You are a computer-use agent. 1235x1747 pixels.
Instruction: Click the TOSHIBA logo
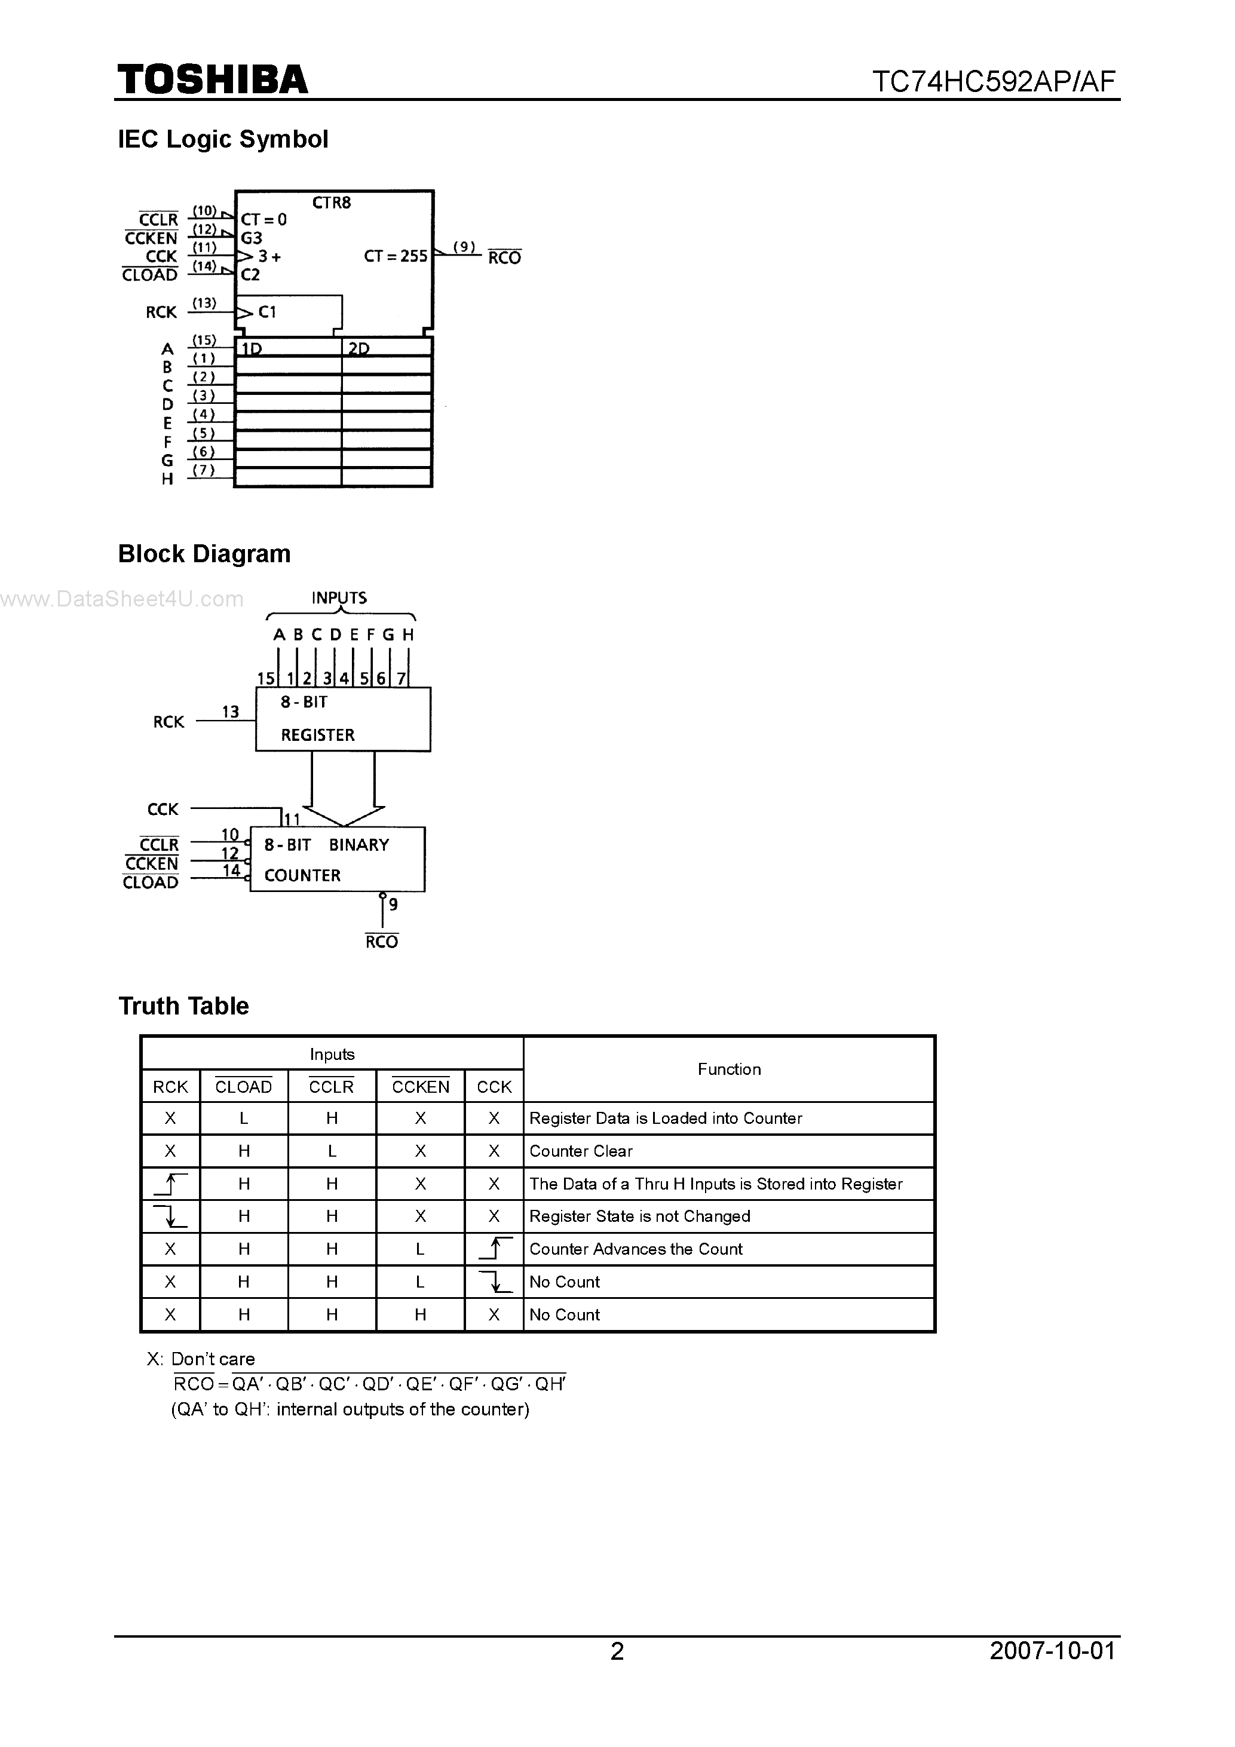[212, 80]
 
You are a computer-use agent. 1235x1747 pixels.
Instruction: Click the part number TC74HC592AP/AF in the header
[993, 81]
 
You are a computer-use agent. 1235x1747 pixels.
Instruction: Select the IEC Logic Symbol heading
[223, 139]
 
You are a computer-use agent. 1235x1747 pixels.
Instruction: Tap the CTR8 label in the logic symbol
[332, 203]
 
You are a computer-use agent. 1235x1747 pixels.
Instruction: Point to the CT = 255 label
[396, 256]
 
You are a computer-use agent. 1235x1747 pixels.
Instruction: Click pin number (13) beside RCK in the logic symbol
[204, 304]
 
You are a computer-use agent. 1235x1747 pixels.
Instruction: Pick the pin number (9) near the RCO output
[464, 247]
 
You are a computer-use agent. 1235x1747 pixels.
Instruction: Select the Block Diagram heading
[204, 554]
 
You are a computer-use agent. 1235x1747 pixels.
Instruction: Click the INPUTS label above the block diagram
[339, 598]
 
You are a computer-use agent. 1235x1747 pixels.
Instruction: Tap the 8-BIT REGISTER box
[342, 719]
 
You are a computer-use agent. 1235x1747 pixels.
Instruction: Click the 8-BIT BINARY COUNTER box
[337, 859]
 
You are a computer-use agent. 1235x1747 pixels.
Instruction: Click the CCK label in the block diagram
[163, 810]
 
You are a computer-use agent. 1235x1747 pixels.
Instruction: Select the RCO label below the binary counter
[381, 942]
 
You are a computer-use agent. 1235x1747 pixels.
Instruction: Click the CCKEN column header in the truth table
[420, 1087]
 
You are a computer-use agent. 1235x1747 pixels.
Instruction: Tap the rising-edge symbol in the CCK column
[494, 1249]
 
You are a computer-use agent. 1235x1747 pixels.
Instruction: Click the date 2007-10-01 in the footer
[1052, 1650]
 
